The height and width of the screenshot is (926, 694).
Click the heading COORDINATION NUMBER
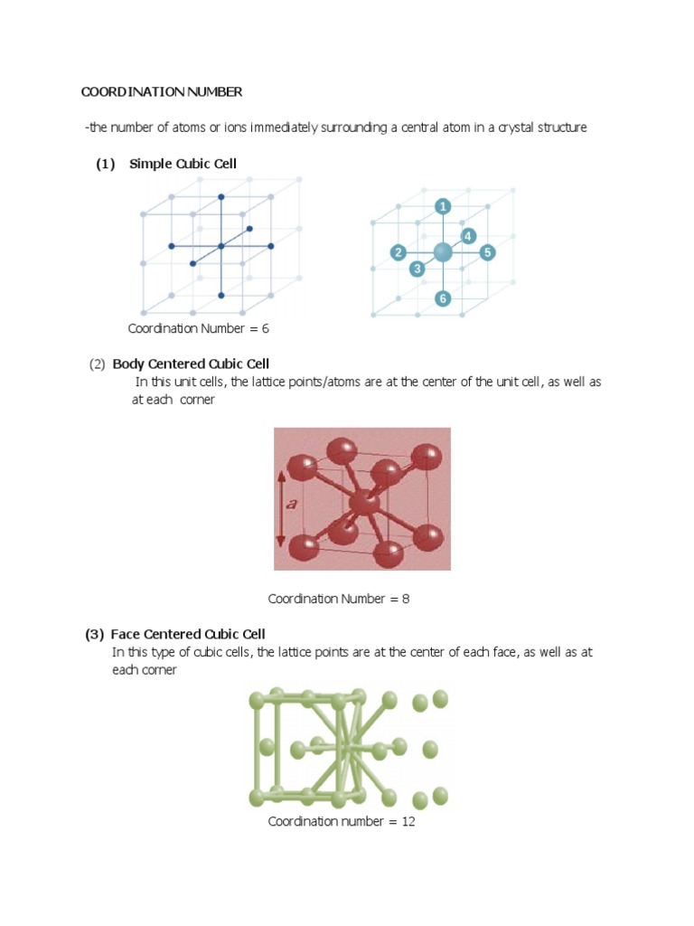(162, 92)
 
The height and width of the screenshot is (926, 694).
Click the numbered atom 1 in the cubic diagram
(443, 207)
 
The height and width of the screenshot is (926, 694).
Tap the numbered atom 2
(398, 252)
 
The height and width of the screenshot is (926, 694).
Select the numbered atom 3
(417, 269)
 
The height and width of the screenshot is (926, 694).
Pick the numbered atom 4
(467, 236)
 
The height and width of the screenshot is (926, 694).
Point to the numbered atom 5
(487, 252)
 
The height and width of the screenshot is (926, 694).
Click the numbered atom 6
(443, 298)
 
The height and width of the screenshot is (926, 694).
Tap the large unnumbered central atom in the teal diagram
(443, 252)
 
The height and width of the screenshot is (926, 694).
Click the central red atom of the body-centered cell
(364, 503)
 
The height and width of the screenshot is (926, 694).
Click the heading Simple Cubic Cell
(183, 164)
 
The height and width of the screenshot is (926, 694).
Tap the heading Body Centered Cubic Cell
(191, 364)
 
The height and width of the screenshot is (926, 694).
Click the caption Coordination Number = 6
(198, 328)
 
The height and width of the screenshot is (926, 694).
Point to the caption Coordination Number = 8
(339, 599)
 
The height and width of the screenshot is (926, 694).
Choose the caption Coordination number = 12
(341, 821)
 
